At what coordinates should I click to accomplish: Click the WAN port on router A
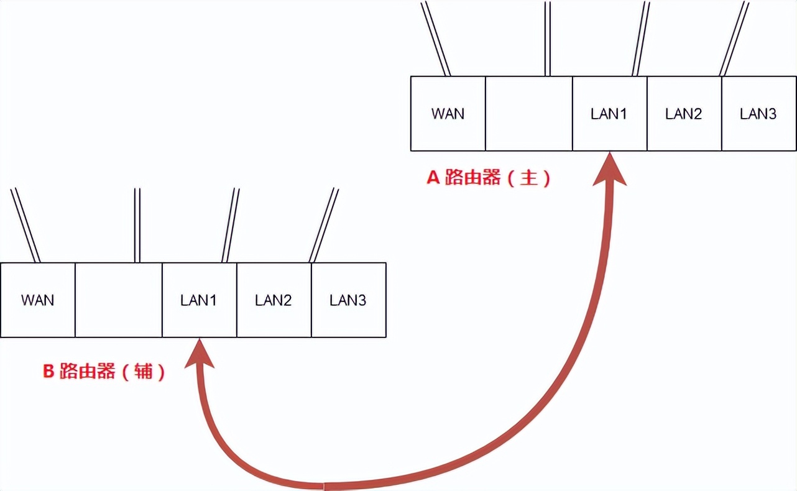[448, 114]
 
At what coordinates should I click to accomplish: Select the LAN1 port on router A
[609, 114]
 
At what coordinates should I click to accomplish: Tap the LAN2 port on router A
[684, 114]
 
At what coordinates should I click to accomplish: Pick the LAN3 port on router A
[758, 114]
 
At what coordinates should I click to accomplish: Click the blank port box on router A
[528, 114]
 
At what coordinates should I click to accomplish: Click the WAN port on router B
[37, 300]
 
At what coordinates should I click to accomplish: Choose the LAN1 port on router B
[199, 300]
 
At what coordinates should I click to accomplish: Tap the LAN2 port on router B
[274, 300]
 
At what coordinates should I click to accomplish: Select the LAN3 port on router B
[348, 300]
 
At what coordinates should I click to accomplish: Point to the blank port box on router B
[118, 300]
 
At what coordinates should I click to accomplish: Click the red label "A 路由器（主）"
[489, 178]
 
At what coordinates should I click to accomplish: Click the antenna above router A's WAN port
[436, 37]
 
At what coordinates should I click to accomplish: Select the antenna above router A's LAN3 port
[734, 37]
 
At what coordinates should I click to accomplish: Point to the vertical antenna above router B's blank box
[137, 225]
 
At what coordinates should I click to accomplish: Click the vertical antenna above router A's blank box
[547, 37]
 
